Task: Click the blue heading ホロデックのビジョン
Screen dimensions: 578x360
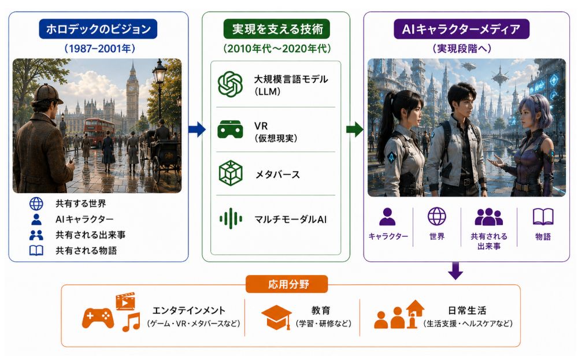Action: (98, 29)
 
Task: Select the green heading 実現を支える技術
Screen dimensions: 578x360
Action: (277, 29)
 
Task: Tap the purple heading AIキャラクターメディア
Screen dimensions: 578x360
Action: (461, 29)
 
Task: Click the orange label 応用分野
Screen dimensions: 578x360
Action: (287, 284)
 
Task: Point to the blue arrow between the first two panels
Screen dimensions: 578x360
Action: (197, 129)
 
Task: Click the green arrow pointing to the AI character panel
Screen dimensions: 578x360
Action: (355, 129)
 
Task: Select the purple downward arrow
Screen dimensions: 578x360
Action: (455, 271)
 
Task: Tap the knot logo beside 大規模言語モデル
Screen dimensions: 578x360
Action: (230, 84)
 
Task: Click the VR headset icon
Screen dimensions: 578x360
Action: (230, 129)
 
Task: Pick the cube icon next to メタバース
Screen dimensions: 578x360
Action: (231, 173)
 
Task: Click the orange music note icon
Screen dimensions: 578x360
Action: (131, 322)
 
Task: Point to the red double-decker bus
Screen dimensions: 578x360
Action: (99, 132)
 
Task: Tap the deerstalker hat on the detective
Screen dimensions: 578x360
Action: (47, 94)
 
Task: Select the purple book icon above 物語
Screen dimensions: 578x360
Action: (543, 217)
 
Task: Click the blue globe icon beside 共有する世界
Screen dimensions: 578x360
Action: (36, 203)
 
